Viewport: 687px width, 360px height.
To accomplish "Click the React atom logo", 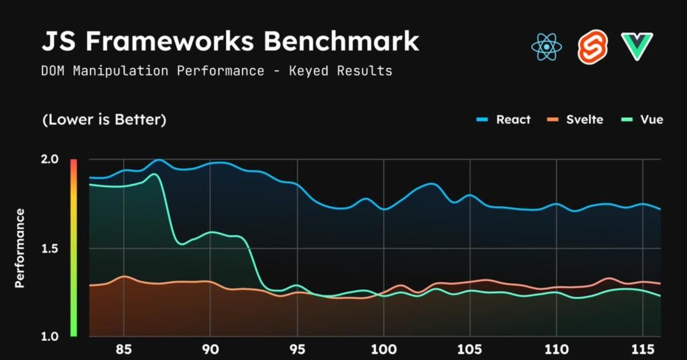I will point(546,46).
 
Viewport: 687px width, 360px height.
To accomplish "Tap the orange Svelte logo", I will point(592,47).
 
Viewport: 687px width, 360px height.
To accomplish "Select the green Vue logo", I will point(637,47).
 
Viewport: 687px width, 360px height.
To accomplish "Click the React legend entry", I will point(504,120).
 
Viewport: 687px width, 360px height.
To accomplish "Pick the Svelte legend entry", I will point(575,120).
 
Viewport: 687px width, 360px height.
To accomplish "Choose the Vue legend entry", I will point(642,120).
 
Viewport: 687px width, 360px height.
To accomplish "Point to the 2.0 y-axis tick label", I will point(50,160).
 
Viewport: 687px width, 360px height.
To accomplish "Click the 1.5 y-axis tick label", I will point(50,248).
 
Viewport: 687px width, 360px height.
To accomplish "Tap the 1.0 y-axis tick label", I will point(50,336).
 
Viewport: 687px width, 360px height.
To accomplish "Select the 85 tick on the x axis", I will point(124,350).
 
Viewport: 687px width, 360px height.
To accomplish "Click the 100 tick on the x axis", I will point(384,350).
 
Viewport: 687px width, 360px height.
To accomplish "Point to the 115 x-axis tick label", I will point(643,350).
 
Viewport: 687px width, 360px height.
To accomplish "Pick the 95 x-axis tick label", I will point(297,350).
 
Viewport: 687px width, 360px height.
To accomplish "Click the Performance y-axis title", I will point(20,248).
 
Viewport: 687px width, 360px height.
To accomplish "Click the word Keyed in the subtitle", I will point(309,71).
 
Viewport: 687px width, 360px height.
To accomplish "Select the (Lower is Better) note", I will point(104,120).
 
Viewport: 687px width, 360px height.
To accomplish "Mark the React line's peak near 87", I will point(158,160).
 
